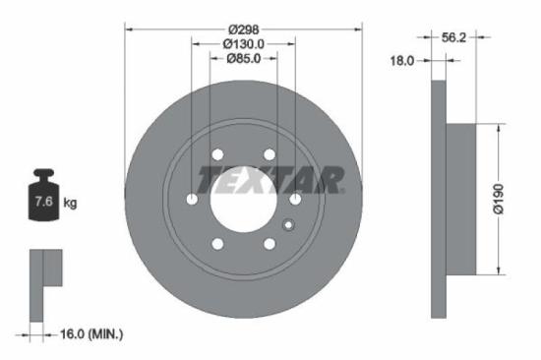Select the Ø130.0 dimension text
pos(244,43)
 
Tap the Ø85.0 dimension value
pos(244,58)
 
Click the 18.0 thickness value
pos(403,61)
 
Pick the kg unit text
pos(70,204)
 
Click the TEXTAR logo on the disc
pos(270,180)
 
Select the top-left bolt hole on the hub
pos(217,153)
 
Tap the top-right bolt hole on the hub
pos(270,153)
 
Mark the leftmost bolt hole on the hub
pos(192,200)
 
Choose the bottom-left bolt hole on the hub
pos(217,245)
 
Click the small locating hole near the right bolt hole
pos(288,224)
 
